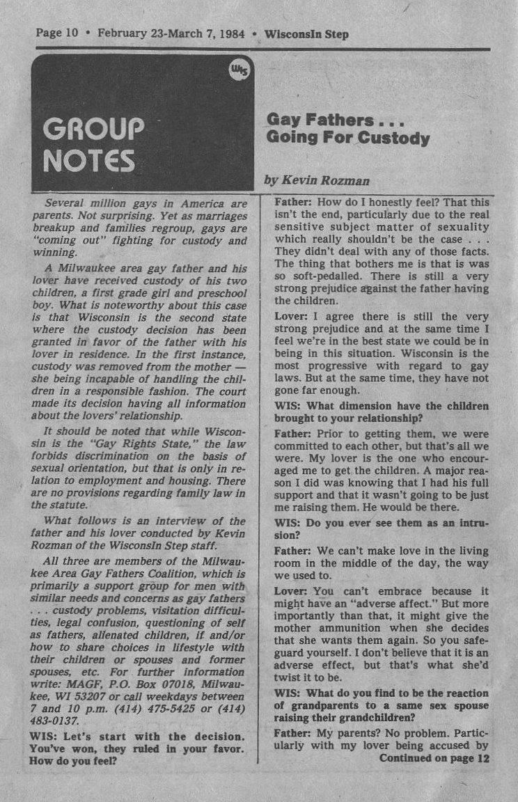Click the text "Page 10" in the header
(57, 33)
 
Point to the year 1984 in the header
(229, 33)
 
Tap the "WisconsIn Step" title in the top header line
(307, 33)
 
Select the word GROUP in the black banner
(93, 129)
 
